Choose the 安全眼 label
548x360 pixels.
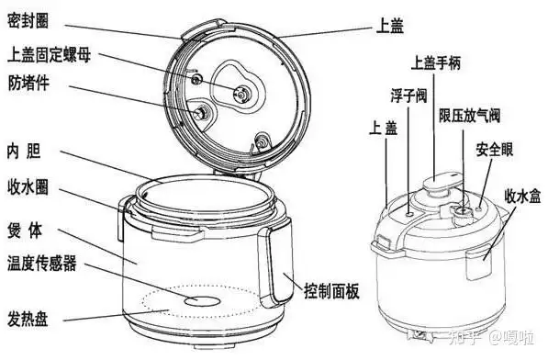coord(494,149)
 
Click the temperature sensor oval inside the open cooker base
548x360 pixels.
coord(195,300)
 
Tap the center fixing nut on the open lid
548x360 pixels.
coord(240,91)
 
